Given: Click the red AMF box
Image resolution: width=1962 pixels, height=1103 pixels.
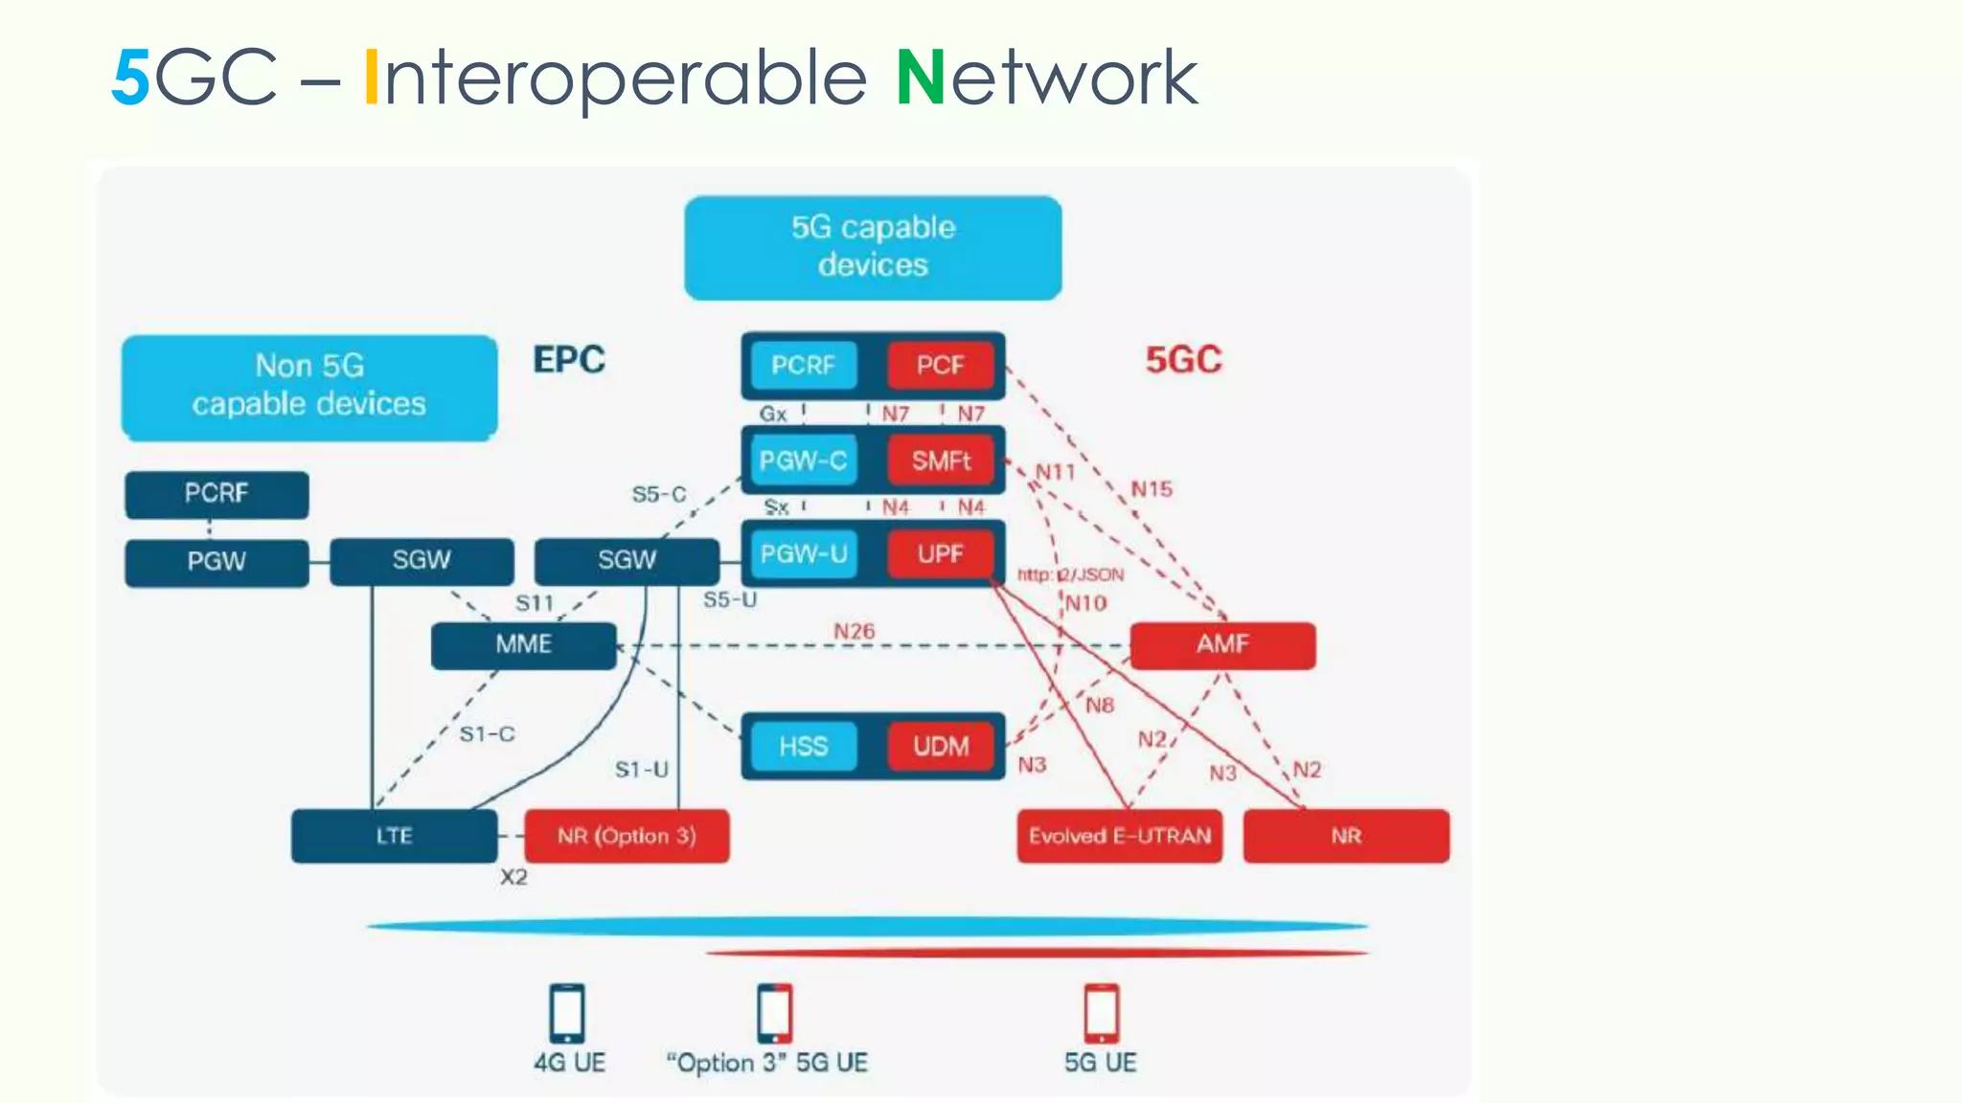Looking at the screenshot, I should (x=1222, y=644).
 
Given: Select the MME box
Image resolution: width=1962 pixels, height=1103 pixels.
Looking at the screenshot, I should (x=523, y=644).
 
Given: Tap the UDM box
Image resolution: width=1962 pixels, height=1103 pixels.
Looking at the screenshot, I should (x=940, y=747).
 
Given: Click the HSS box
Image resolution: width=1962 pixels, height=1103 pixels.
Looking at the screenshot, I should (x=803, y=747).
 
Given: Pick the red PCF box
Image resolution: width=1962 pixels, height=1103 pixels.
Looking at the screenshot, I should (x=940, y=365).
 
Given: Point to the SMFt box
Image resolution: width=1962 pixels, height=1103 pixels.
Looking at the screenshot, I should (x=940, y=461).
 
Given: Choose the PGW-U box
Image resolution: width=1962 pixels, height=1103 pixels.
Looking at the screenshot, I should (x=803, y=554).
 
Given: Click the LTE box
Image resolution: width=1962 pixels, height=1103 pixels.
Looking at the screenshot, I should (x=394, y=836).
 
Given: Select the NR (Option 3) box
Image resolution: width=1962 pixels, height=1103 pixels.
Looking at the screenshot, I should (x=627, y=836).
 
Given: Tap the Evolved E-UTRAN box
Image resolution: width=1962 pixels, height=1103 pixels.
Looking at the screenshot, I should (x=1119, y=836).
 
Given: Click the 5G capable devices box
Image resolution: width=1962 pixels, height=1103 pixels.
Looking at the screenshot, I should (x=873, y=247).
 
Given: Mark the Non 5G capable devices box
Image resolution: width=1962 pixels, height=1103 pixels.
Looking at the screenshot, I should (x=308, y=386).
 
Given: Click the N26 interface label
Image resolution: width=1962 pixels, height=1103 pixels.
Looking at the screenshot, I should (x=854, y=631).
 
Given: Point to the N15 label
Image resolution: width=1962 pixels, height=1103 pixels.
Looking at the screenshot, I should (x=1151, y=489).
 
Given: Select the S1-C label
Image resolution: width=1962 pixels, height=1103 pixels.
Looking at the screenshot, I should (x=487, y=734).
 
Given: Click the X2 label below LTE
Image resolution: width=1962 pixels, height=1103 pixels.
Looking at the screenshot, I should (x=513, y=877).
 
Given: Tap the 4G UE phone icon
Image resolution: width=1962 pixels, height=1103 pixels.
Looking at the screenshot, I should (x=567, y=1013).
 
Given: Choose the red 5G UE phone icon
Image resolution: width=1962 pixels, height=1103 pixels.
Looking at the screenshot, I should (x=1101, y=1013).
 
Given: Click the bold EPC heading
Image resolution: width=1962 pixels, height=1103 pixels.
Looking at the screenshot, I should (x=569, y=360).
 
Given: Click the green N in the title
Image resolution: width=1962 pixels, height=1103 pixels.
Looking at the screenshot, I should (x=921, y=79).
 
